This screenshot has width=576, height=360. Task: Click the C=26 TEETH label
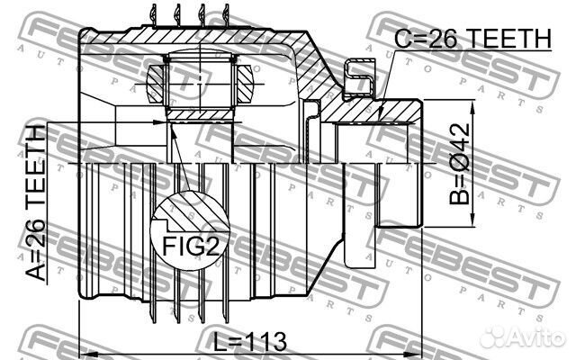click(473, 38)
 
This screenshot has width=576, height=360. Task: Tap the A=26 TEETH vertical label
click(36, 202)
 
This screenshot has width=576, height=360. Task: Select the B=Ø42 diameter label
click(460, 164)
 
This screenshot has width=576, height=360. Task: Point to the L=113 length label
click(250, 342)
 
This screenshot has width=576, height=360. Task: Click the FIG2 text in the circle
click(191, 246)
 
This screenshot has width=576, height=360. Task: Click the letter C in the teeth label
click(402, 39)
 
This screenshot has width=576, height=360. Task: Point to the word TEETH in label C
click(510, 38)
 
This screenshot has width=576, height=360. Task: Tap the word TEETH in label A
click(36, 166)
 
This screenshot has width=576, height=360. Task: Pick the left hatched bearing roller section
click(155, 84)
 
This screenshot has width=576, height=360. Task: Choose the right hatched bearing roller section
click(245, 84)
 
